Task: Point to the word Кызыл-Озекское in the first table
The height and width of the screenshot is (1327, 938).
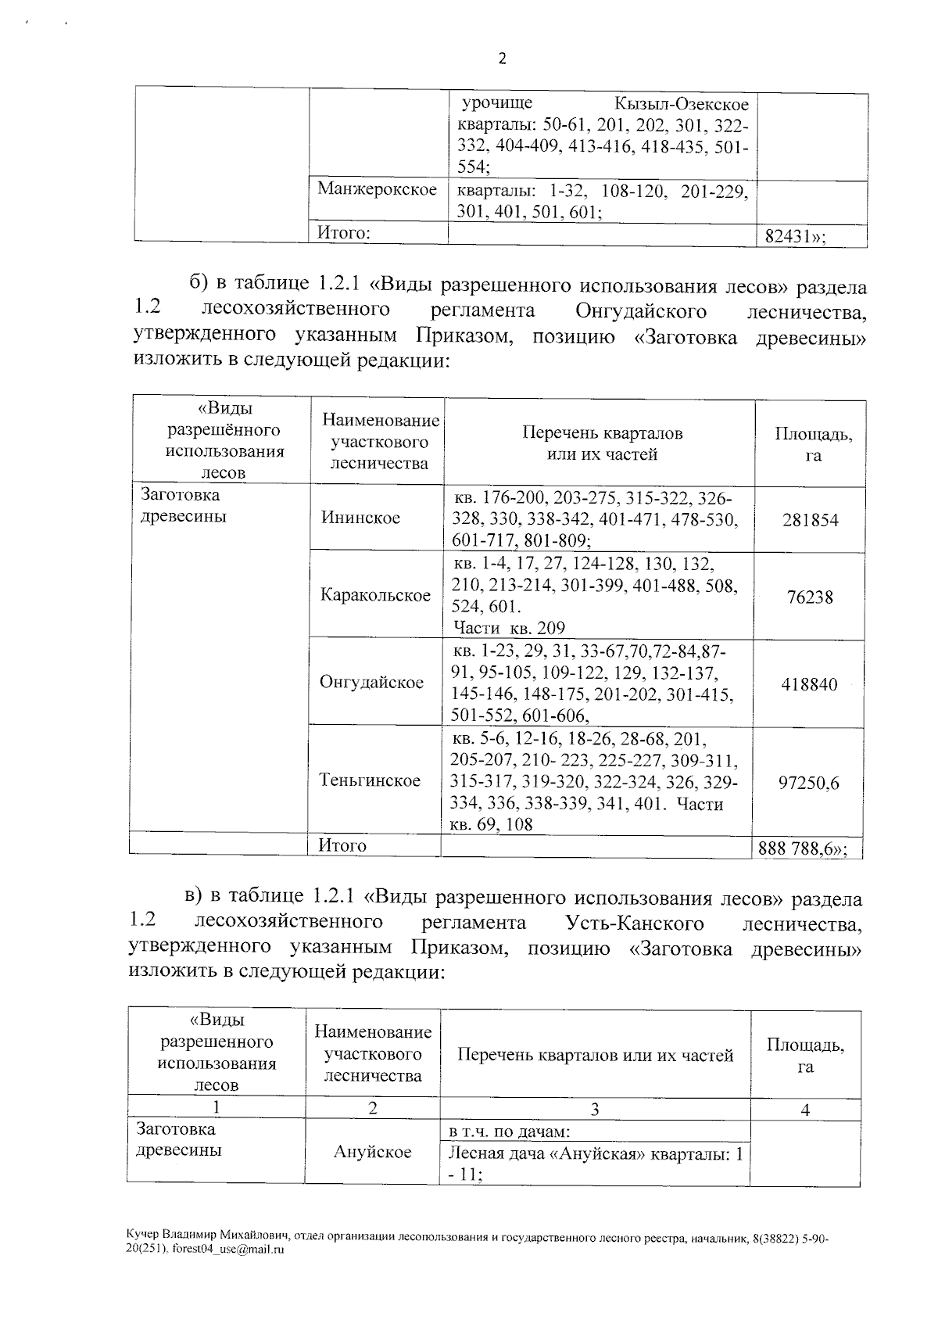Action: tap(681, 104)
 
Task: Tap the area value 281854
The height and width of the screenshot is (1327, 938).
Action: tap(810, 520)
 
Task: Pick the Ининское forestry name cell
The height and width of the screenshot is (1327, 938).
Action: tap(360, 518)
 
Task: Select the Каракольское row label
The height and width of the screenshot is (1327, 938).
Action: tap(375, 595)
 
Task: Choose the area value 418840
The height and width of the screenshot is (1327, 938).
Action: tap(809, 685)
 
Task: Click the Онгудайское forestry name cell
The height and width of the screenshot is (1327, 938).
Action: tap(371, 683)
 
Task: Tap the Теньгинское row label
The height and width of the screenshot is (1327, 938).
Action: tap(370, 780)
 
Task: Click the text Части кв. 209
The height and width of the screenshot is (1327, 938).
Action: tap(508, 628)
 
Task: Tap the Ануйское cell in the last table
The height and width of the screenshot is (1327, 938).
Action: tap(372, 1153)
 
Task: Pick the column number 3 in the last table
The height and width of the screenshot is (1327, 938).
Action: tap(595, 1109)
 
